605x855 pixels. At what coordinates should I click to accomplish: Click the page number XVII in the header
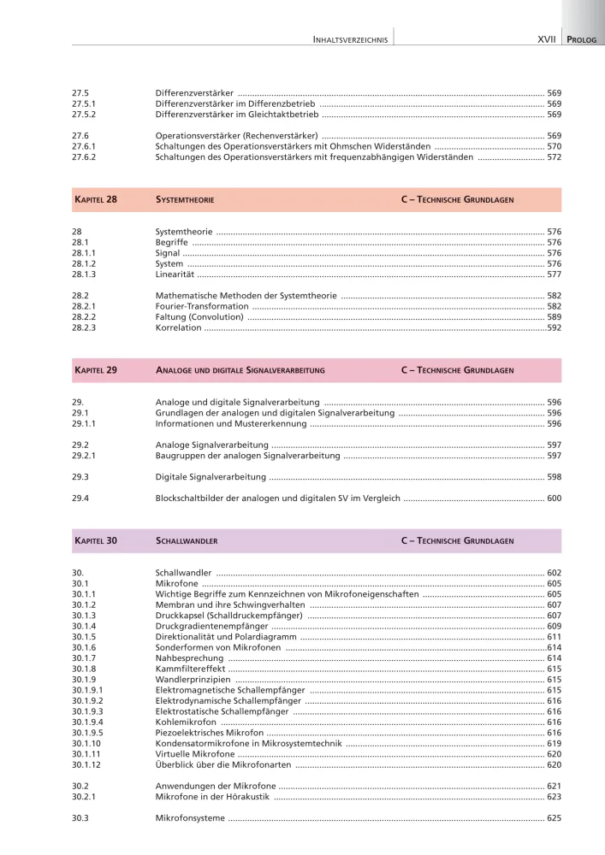click(546, 39)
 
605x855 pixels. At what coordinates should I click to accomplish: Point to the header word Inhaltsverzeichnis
click(351, 39)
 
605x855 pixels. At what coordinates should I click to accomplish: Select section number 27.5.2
click(84, 114)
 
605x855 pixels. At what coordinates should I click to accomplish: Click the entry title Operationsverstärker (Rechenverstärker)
click(236, 136)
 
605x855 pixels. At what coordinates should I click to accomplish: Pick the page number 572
click(554, 157)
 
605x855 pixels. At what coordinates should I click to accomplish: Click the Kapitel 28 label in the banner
click(96, 199)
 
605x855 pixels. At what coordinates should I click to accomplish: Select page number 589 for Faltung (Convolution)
click(554, 317)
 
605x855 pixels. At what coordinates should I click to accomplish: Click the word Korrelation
click(178, 327)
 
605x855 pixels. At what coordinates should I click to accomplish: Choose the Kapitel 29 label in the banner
click(96, 370)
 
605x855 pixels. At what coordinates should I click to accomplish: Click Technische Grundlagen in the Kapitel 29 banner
click(457, 370)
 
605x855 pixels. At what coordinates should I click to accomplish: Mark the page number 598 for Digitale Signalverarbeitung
click(554, 476)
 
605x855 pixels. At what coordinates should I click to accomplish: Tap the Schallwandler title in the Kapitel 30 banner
click(186, 541)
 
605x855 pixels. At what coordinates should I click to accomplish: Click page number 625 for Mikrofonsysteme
click(554, 818)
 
